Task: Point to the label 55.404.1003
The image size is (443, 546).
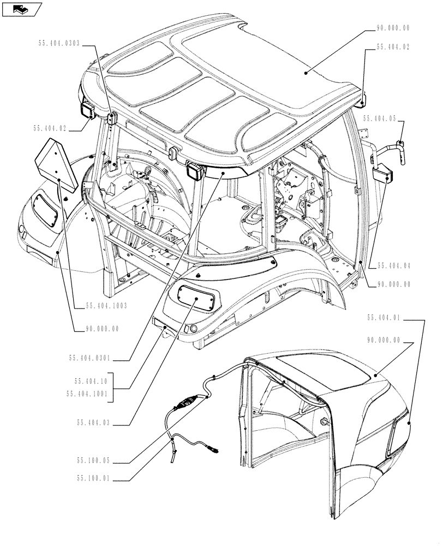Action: click(x=106, y=306)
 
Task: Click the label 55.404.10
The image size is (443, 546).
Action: click(x=92, y=383)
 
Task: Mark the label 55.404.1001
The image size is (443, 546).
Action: click(x=88, y=392)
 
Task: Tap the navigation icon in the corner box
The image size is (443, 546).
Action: click(x=22, y=9)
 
